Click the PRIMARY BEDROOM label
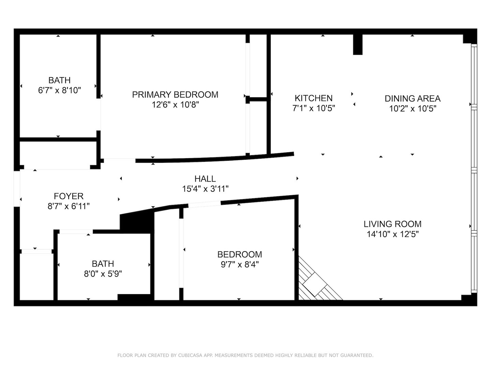click(175, 94)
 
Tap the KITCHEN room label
click(313, 98)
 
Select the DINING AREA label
click(413, 98)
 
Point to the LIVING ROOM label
click(392, 224)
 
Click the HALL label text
click(205, 179)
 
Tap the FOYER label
click(69, 196)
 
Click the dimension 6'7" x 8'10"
click(59, 90)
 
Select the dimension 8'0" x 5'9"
click(103, 274)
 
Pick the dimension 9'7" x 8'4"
click(240, 264)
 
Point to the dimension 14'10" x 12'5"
click(392, 234)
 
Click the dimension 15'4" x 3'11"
click(205, 189)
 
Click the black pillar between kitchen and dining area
click(358, 44)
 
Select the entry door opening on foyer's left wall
click(17, 188)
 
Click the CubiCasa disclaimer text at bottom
click(245, 355)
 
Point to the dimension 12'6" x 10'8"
click(175, 105)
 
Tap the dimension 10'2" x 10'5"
click(413, 109)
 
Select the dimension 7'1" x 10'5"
click(313, 108)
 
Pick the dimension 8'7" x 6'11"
click(69, 206)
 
